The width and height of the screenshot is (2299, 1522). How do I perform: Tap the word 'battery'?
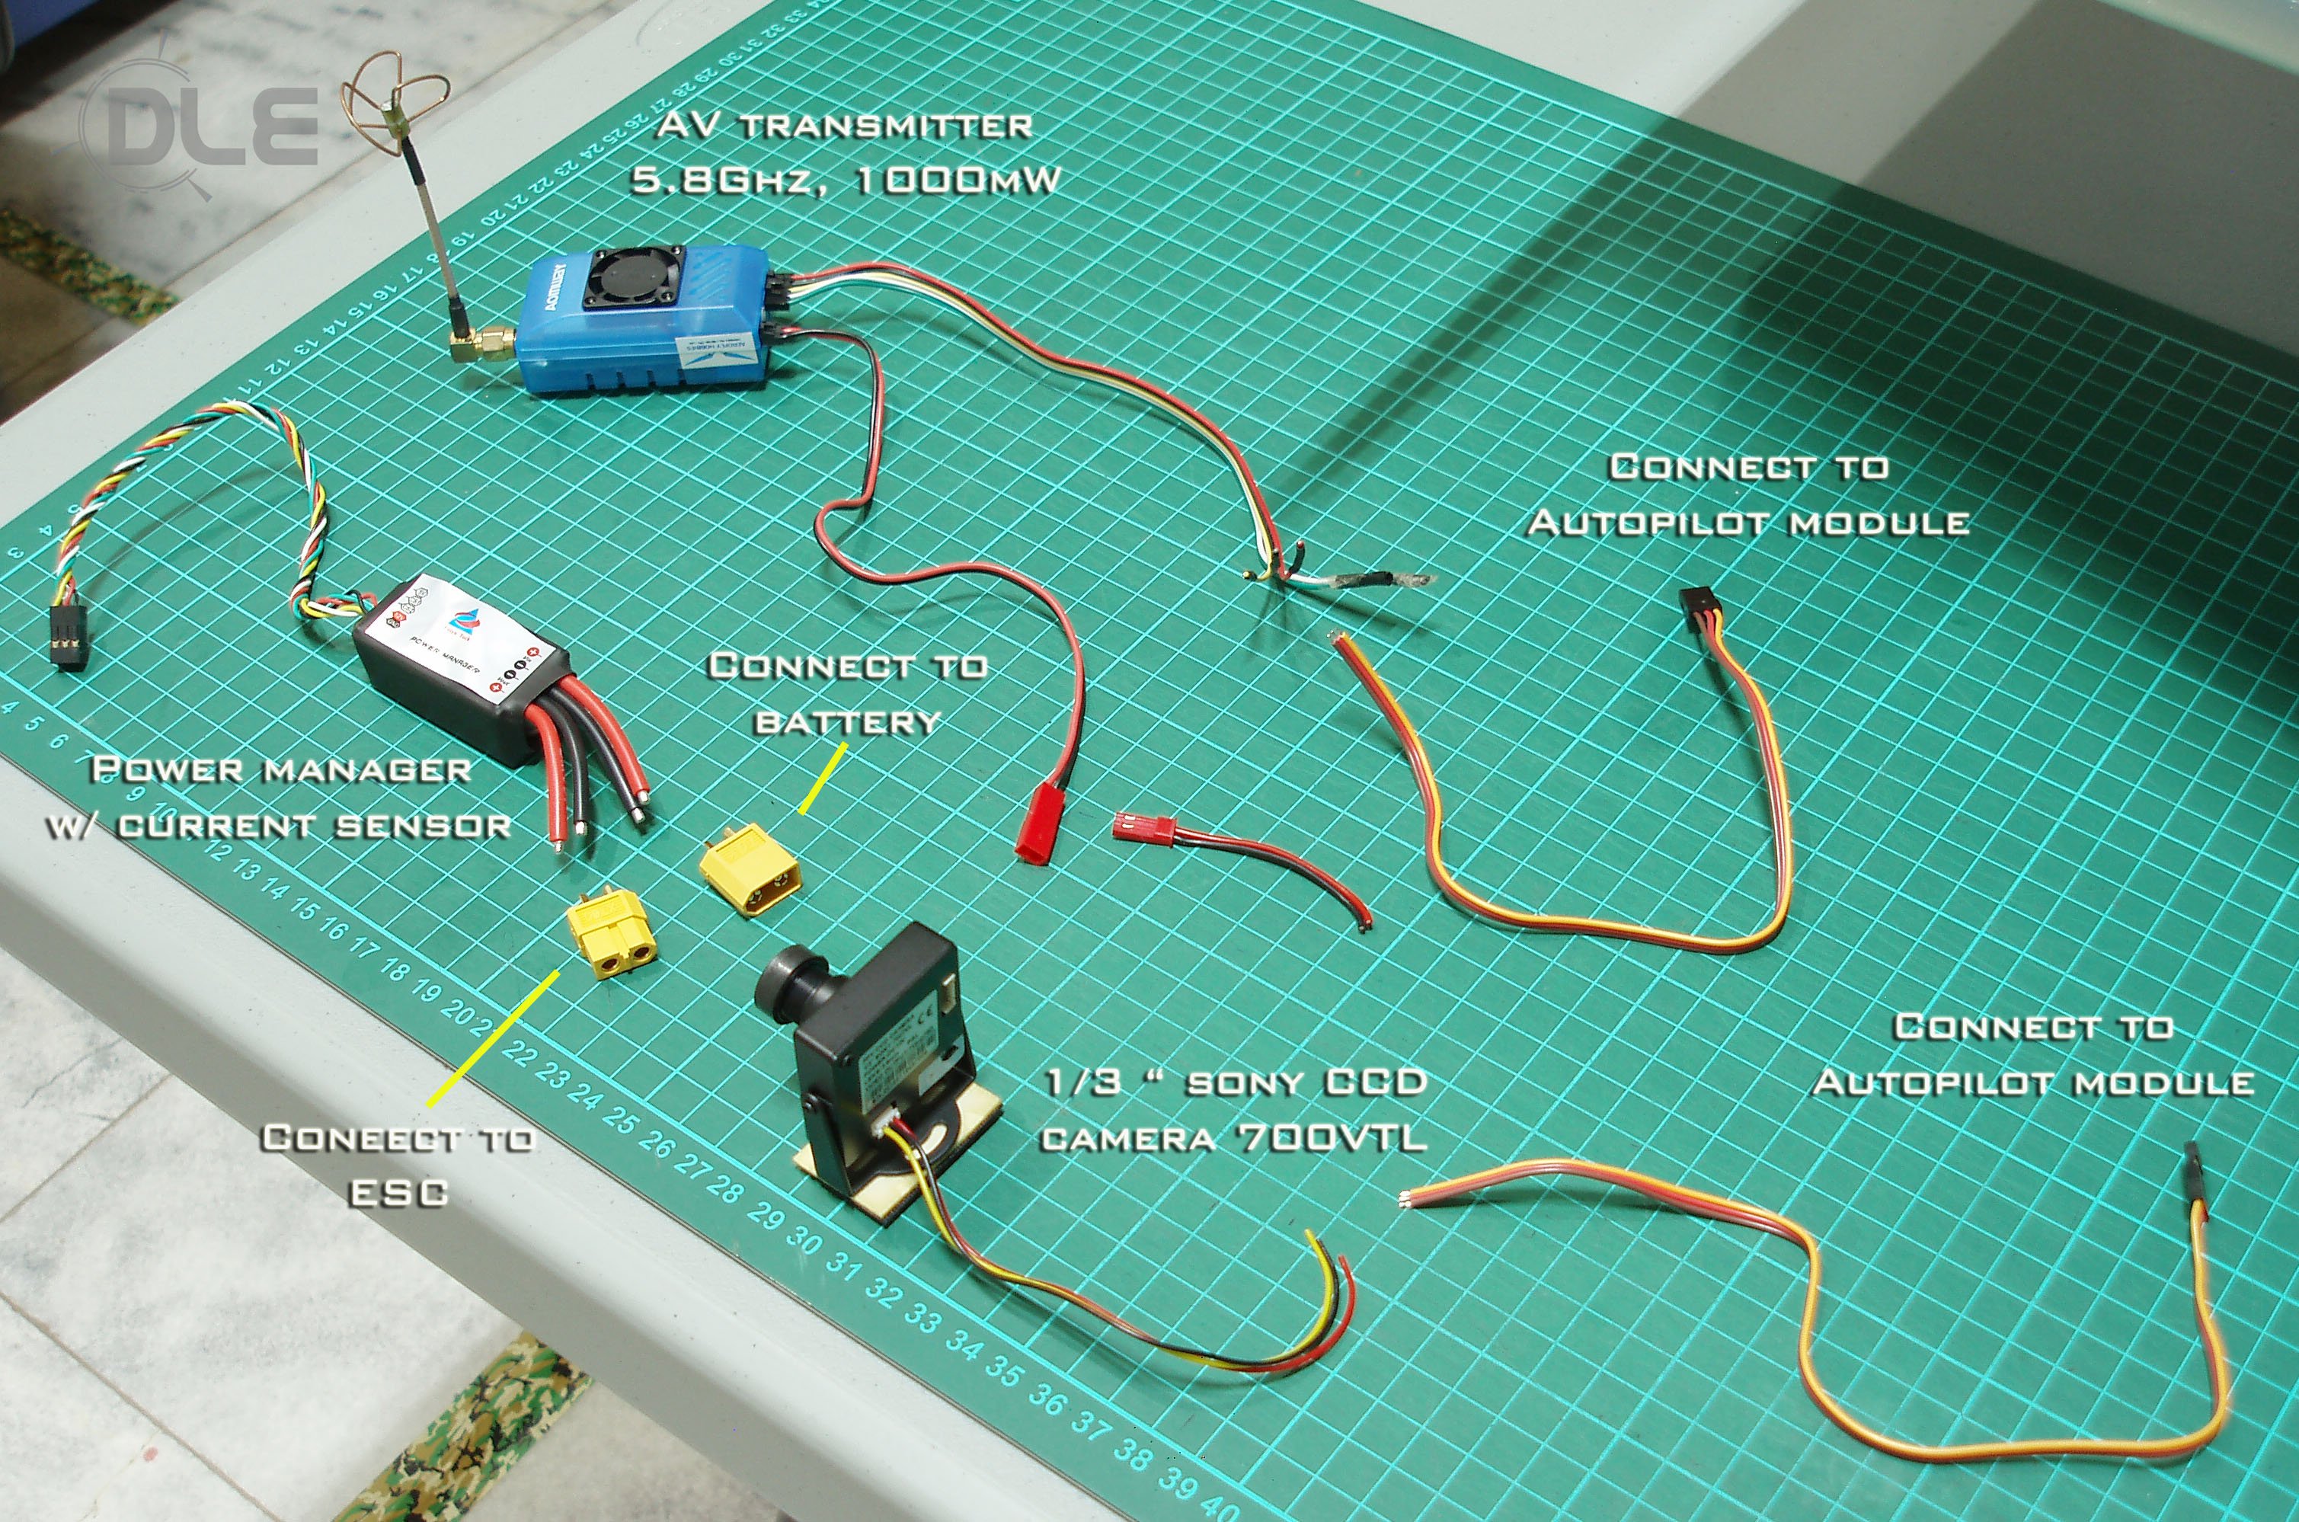click(x=847, y=722)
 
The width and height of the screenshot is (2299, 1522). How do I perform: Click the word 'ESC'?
click(x=398, y=1193)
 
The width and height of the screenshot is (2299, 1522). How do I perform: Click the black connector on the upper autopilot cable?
click(x=1700, y=609)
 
